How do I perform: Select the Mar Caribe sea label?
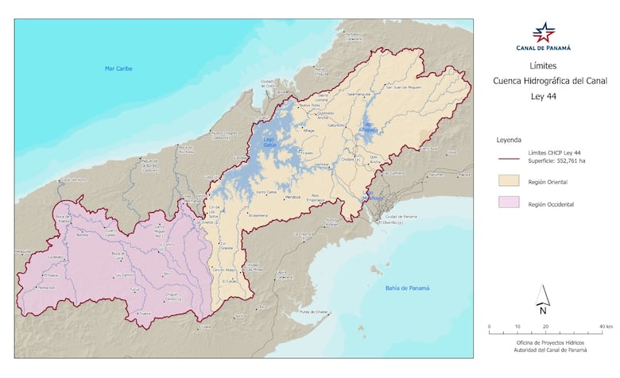118,68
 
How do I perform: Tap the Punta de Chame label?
315,312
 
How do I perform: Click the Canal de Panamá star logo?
544,32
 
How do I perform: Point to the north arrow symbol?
543,298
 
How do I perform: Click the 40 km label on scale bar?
606,326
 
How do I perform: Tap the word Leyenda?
509,138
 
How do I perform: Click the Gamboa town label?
321,164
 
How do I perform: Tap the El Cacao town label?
230,281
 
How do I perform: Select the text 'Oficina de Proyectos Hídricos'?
544,342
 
